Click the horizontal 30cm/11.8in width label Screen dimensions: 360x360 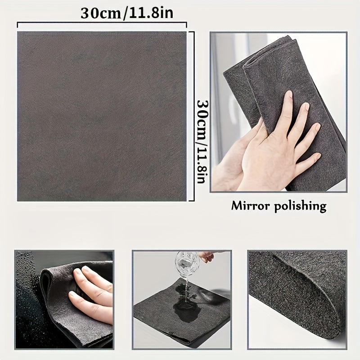click(x=127, y=13)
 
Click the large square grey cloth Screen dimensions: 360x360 click(x=102, y=116)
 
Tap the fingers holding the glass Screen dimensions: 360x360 click(x=206, y=256)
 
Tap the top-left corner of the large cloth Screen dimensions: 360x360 click(x=18, y=33)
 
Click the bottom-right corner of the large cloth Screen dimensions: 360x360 click(x=185, y=200)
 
